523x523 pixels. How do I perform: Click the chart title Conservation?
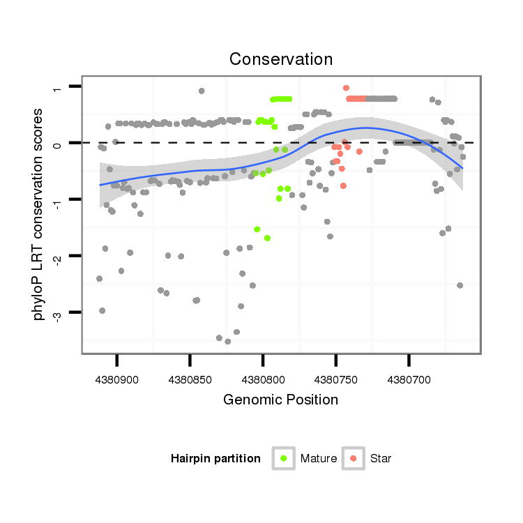[281, 59]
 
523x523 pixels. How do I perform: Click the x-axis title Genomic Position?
[281, 400]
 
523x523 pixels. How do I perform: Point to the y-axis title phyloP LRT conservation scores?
[39, 214]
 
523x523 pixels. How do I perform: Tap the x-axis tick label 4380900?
[116, 381]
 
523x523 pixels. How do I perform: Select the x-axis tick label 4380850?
[190, 381]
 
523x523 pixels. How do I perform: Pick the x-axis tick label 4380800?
[262, 381]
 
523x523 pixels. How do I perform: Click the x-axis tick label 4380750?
[335, 381]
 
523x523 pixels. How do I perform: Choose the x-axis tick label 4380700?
[409, 381]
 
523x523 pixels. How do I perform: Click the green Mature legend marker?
[283, 458]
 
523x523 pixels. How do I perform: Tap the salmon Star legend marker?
[354, 458]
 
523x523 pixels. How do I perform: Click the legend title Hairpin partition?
[215, 459]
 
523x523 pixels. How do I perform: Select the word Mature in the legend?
[318, 459]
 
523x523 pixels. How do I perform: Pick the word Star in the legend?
[381, 459]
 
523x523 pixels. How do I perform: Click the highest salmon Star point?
[346, 88]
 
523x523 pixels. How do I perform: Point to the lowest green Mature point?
[267, 238]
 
